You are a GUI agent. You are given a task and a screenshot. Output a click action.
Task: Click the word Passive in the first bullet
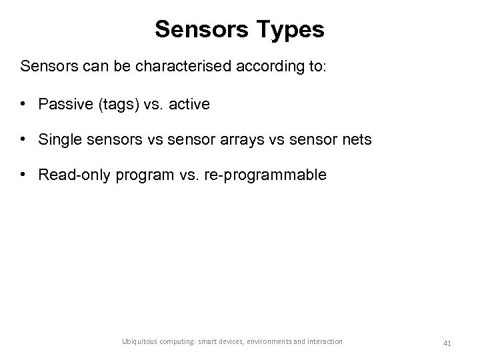click(63, 104)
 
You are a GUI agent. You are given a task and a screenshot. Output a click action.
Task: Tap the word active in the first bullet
click(189, 104)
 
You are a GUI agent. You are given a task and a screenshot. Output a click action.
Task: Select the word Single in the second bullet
click(59, 139)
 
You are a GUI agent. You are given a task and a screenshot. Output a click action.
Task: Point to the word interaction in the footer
click(323, 341)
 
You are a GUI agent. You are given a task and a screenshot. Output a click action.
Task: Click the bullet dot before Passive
click(24, 104)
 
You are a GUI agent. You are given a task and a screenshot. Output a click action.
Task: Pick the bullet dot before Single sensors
click(24, 139)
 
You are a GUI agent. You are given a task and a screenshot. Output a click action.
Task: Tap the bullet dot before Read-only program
click(24, 175)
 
